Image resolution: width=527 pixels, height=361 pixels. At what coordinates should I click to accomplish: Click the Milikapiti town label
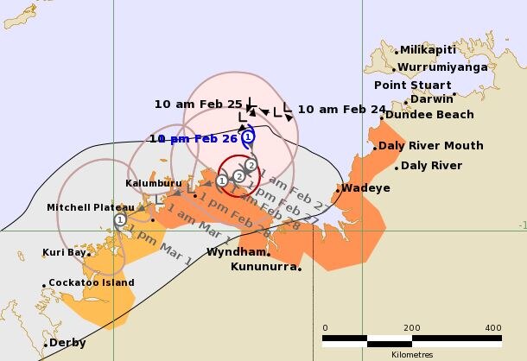428,50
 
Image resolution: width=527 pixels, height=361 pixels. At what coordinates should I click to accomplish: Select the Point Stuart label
412,85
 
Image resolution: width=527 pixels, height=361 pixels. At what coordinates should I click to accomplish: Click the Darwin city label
432,98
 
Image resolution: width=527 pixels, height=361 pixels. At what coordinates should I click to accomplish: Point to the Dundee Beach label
429,114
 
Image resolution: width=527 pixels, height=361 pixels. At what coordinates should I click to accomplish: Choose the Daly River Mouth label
430,145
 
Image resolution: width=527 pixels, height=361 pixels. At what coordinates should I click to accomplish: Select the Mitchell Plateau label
91,207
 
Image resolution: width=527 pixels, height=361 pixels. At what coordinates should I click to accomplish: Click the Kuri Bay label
66,253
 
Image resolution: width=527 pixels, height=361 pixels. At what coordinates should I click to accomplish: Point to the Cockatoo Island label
92,282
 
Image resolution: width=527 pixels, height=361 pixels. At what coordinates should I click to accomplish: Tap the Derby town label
67,343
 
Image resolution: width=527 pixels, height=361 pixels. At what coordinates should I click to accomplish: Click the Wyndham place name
235,252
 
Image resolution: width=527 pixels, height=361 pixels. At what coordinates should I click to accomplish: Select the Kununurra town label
263,267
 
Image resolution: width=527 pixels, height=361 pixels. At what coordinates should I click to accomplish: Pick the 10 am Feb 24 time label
341,109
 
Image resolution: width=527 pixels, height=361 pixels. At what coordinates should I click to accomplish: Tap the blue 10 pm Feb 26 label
194,138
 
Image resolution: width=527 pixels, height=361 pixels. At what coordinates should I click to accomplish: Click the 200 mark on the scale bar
410,328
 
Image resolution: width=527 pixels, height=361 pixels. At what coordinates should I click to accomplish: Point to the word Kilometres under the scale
410,353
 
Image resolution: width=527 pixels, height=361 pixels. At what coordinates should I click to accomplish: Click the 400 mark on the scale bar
493,328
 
